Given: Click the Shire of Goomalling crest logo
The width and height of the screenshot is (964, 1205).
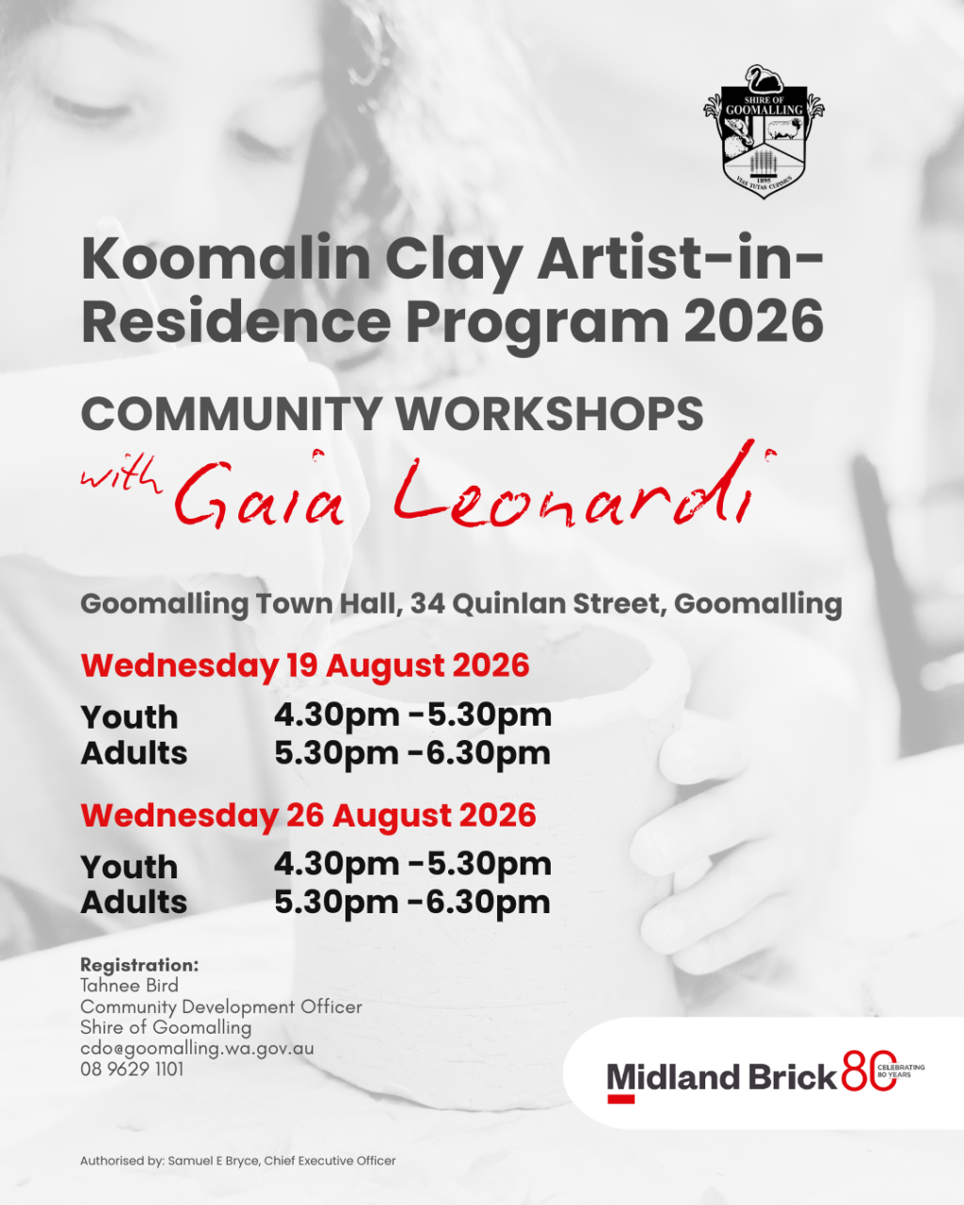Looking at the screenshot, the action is [764, 132].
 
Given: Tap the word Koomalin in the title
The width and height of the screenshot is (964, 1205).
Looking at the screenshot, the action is [226, 260].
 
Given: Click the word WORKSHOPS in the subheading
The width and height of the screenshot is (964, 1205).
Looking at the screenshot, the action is [550, 414].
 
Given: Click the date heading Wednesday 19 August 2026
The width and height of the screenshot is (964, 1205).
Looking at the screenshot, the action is [305, 666].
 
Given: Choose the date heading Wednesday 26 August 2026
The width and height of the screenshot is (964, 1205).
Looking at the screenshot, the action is [309, 815].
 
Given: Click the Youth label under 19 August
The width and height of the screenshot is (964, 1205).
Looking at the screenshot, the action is [129, 717].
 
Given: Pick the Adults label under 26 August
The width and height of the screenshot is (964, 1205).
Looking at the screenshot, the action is [134, 902].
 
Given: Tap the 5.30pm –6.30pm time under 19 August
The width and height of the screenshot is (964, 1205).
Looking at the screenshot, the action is [413, 753].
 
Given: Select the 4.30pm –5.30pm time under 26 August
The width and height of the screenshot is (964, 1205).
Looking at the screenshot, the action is [413, 864].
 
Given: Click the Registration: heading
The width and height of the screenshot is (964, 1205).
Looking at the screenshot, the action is [139, 965].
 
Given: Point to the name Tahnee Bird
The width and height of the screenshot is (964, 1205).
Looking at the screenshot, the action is [129, 986].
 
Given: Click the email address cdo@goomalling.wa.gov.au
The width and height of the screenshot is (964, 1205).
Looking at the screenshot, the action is [197, 1049].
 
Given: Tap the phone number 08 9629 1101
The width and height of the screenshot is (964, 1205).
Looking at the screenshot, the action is [132, 1068].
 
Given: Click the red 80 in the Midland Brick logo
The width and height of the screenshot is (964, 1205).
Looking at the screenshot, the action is [869, 1071].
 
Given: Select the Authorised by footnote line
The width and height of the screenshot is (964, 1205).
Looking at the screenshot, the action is [238, 1160].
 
